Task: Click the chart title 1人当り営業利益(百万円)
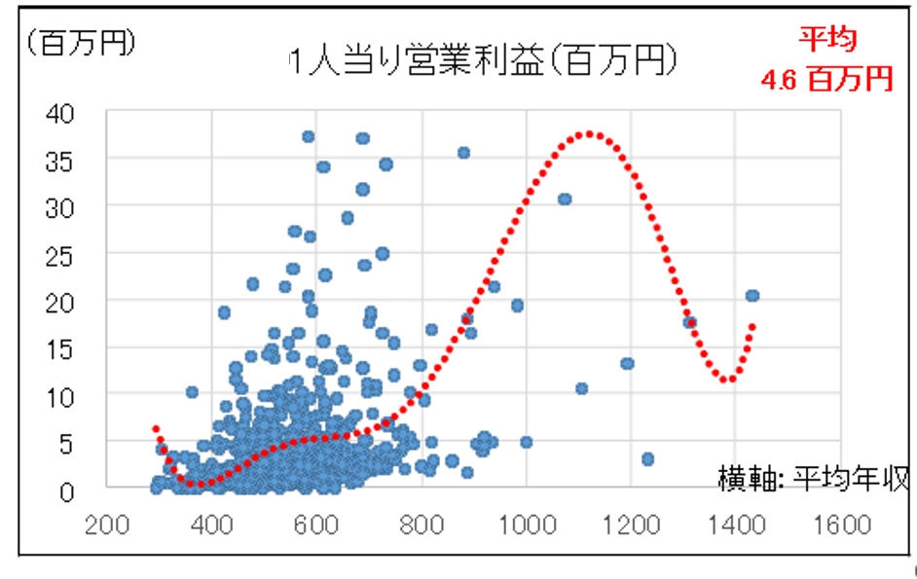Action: (x=484, y=62)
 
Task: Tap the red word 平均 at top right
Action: (x=827, y=40)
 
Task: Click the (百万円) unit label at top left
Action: (x=81, y=43)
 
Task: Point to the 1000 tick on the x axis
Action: (x=527, y=525)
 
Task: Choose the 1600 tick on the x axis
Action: (x=843, y=525)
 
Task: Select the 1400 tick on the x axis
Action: (x=738, y=525)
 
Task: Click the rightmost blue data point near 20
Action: (x=752, y=296)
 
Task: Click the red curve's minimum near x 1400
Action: (x=724, y=380)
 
